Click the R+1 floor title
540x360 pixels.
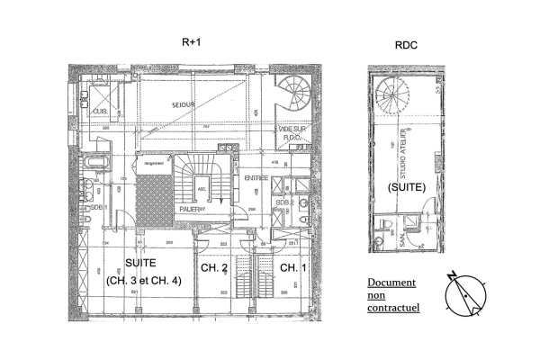(x=191, y=41)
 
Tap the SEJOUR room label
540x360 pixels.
(x=184, y=105)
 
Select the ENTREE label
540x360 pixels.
(x=256, y=178)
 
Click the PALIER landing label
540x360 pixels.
(x=187, y=209)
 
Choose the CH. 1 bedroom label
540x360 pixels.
(x=292, y=268)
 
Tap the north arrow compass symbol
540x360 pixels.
(x=465, y=294)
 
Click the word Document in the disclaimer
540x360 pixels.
(x=391, y=283)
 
